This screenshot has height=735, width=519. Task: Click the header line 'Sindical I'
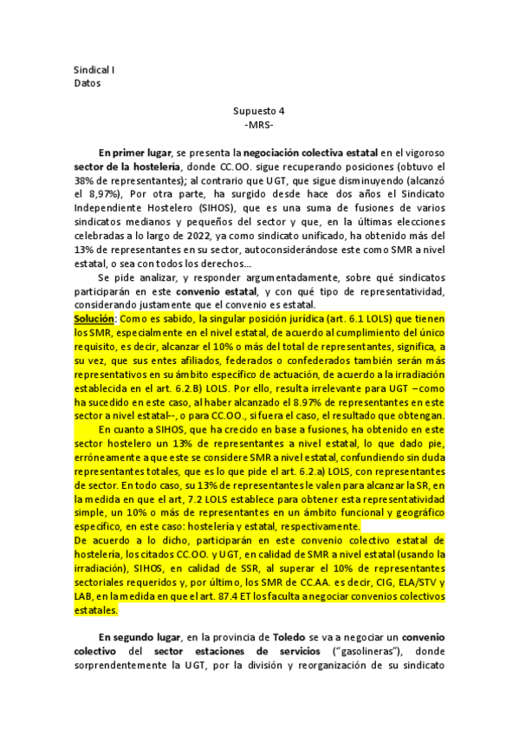click(95, 68)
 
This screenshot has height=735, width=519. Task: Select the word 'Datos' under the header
click(88, 83)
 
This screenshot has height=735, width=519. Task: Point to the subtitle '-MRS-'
click(259, 125)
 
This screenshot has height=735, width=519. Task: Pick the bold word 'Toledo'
click(261, 640)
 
